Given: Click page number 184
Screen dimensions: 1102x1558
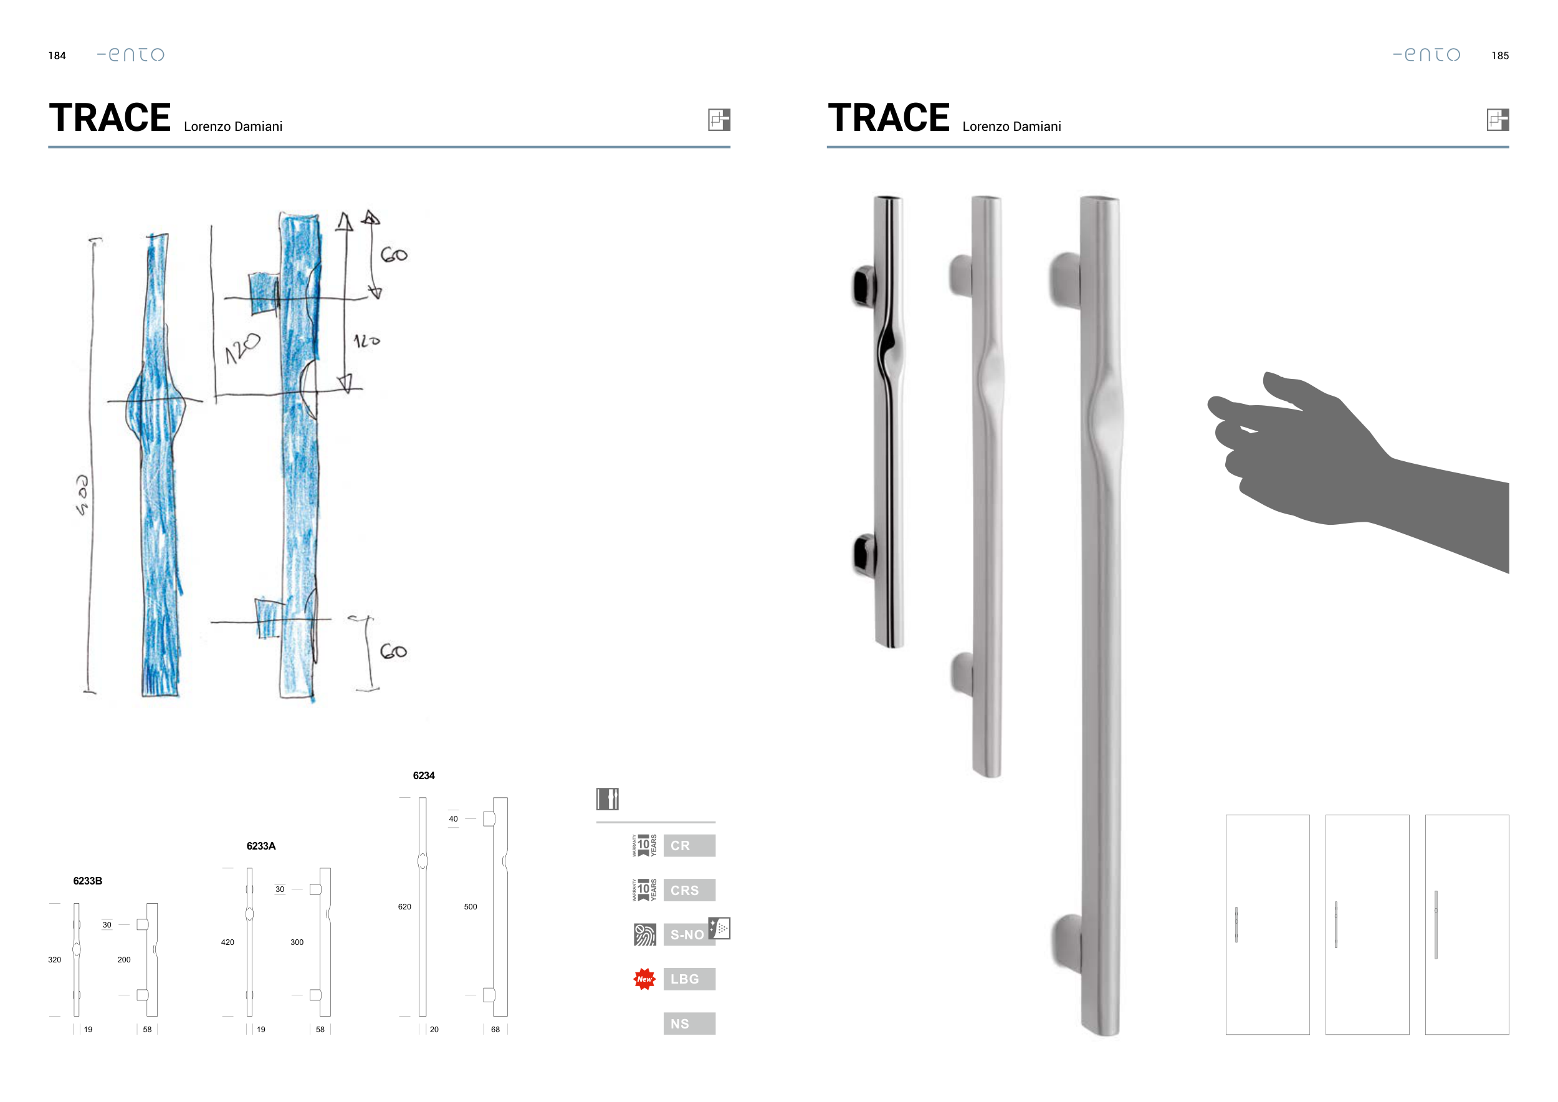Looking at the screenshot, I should pyautogui.click(x=57, y=55).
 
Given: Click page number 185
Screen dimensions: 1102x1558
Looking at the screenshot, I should pyautogui.click(x=1499, y=55).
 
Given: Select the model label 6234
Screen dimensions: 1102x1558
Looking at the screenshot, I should pyautogui.click(x=423, y=775).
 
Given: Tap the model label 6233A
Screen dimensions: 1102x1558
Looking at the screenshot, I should pyautogui.click(x=260, y=846).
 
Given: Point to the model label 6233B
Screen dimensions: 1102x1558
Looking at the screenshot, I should pyautogui.click(x=87, y=881).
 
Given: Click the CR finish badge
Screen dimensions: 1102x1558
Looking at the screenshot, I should pyautogui.click(x=689, y=845).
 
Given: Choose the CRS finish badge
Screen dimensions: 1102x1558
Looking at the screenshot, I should pyautogui.click(x=689, y=890).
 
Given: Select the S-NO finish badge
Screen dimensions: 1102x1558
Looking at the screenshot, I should pyautogui.click(x=687, y=934).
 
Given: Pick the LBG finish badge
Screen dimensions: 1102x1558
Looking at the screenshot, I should pyautogui.click(x=689, y=979).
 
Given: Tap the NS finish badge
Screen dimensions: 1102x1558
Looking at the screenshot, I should pyautogui.click(x=689, y=1024).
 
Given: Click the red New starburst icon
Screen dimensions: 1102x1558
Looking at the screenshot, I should pyautogui.click(x=644, y=979).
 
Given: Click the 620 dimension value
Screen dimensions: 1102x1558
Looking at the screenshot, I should pyautogui.click(x=404, y=906).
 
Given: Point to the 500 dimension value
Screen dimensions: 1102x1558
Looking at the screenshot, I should pyautogui.click(x=471, y=906).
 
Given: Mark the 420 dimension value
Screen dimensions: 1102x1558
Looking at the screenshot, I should pyautogui.click(x=227, y=942).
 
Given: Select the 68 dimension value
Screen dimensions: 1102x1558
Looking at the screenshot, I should pyautogui.click(x=495, y=1030).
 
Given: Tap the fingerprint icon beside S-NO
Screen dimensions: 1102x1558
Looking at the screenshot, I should pyautogui.click(x=644, y=934).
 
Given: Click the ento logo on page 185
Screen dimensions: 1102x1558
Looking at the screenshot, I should pyautogui.click(x=1427, y=54).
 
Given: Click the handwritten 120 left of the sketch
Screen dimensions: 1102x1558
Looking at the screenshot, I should pyautogui.click(x=242, y=347).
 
